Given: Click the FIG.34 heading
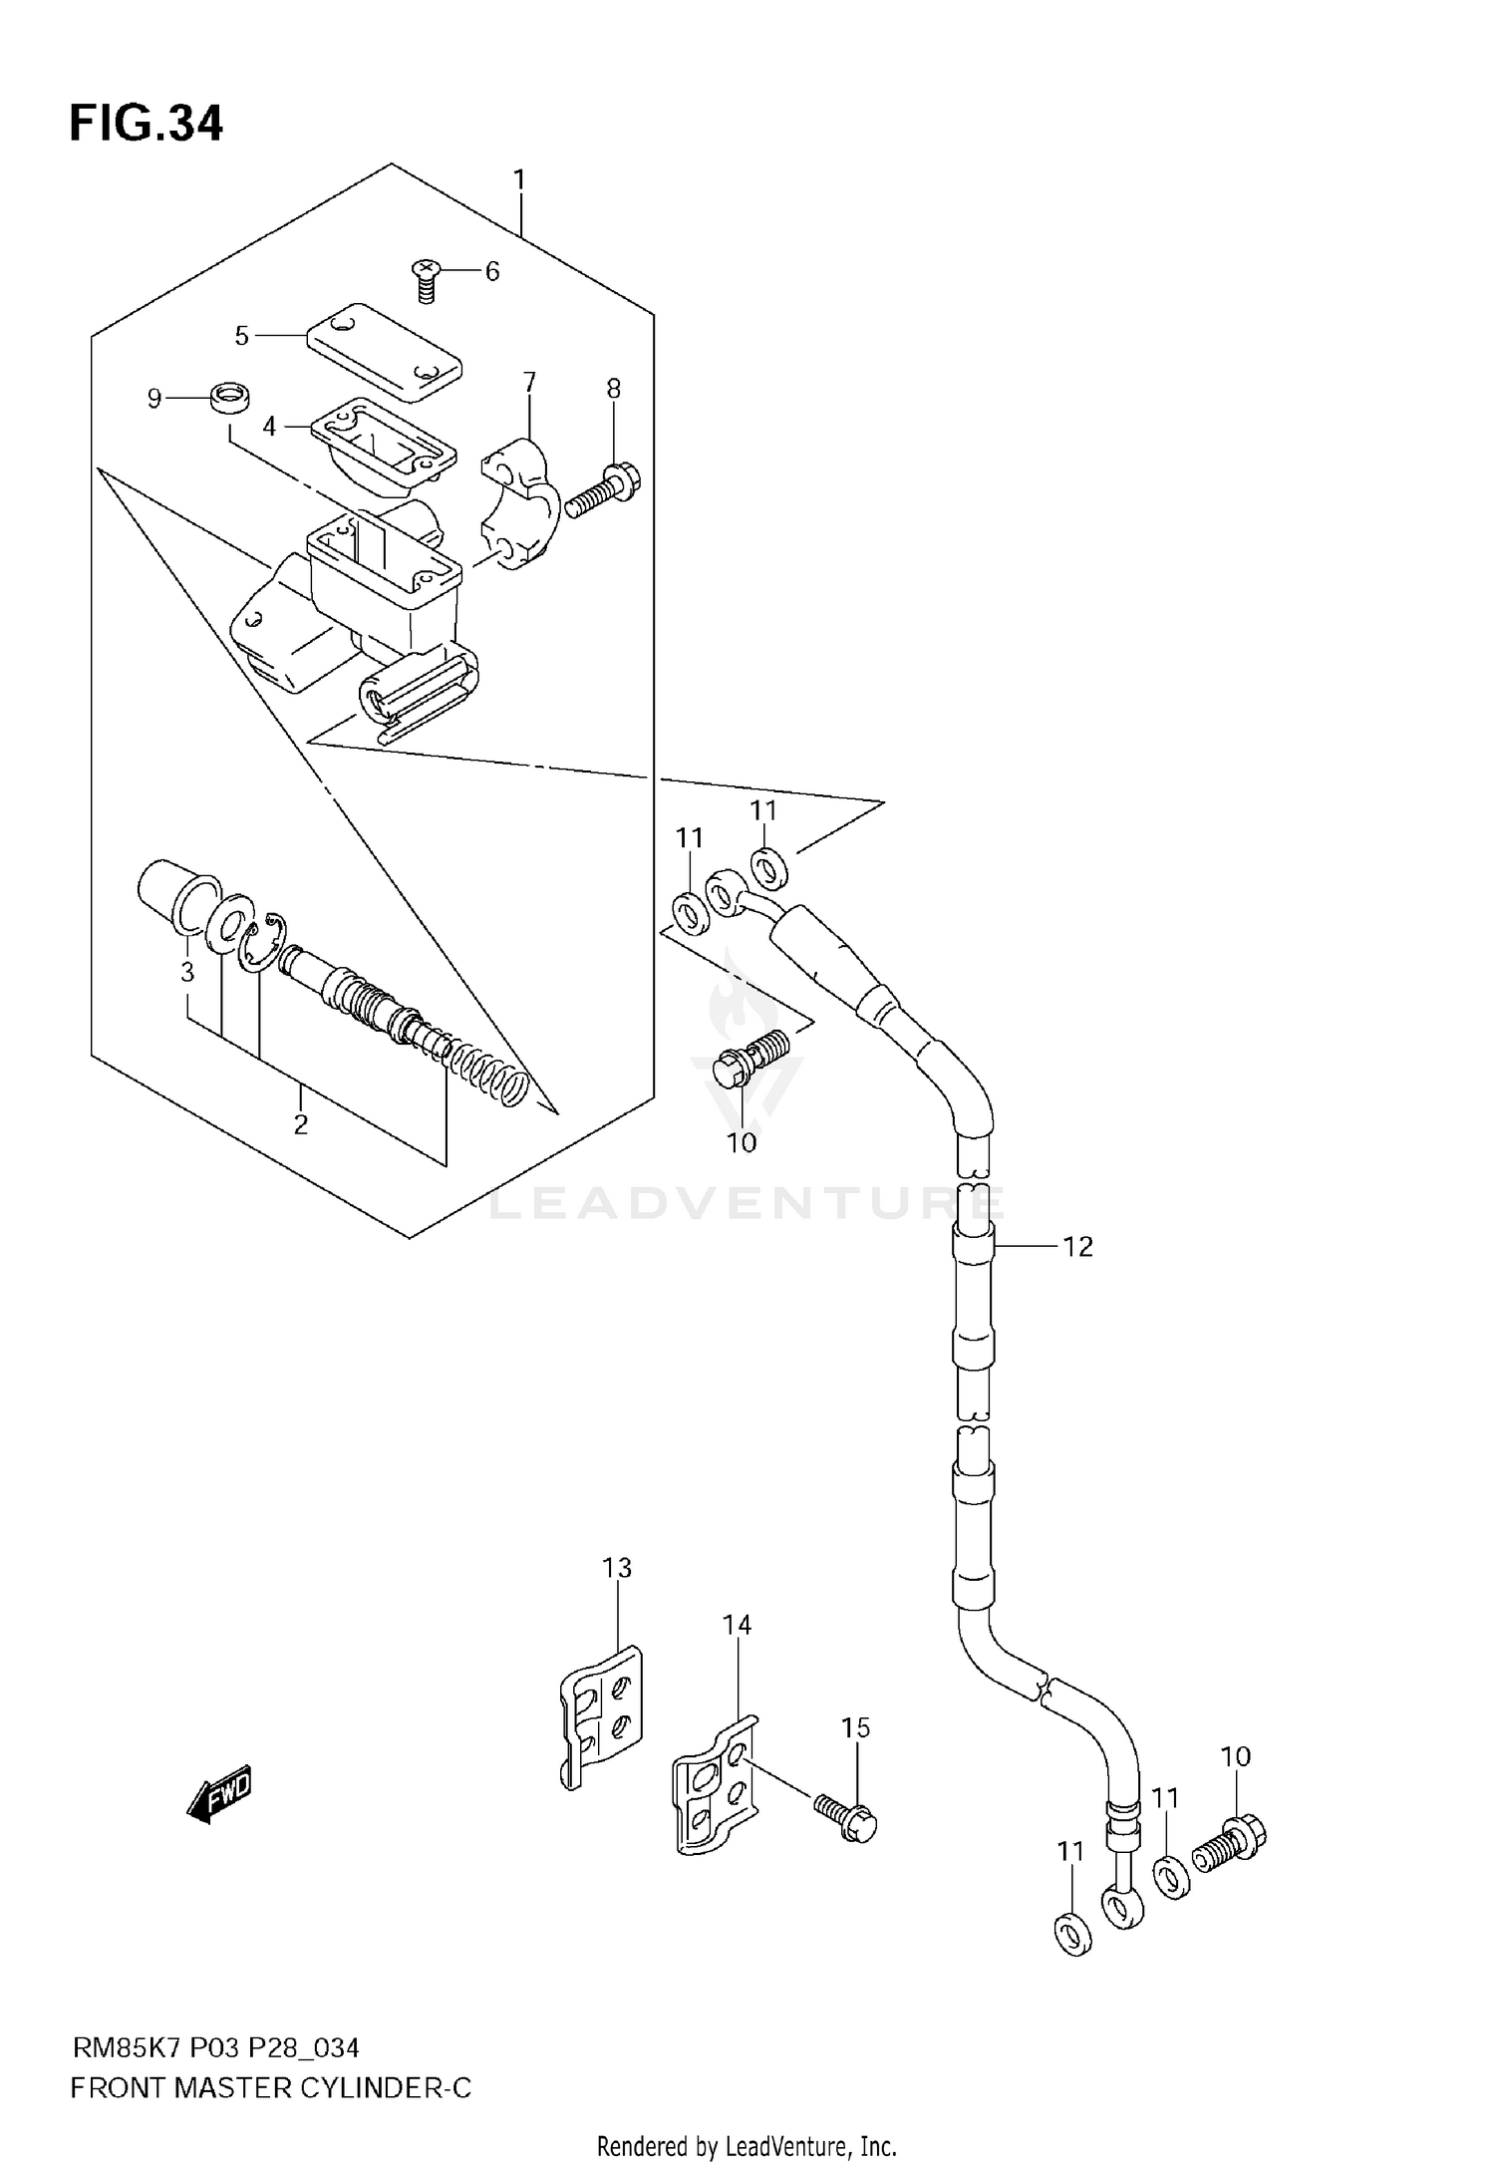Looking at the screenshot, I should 147,125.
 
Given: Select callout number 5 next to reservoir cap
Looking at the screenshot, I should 241,337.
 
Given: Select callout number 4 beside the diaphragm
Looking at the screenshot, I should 269,427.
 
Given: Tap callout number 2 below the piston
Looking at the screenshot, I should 300,1125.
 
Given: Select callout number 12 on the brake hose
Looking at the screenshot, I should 1077,1247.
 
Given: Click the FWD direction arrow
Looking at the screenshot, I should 220,1793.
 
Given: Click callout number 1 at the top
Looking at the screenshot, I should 519,180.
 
